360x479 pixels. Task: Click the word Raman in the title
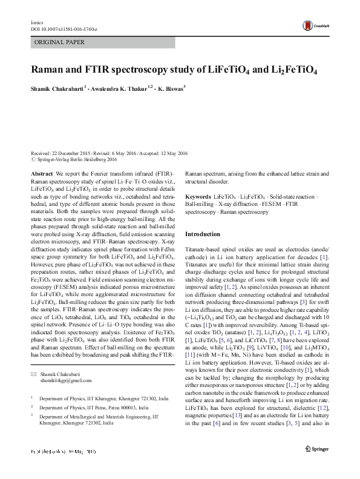48,70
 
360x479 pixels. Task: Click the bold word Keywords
198,197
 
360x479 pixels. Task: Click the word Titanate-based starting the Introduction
205,250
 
